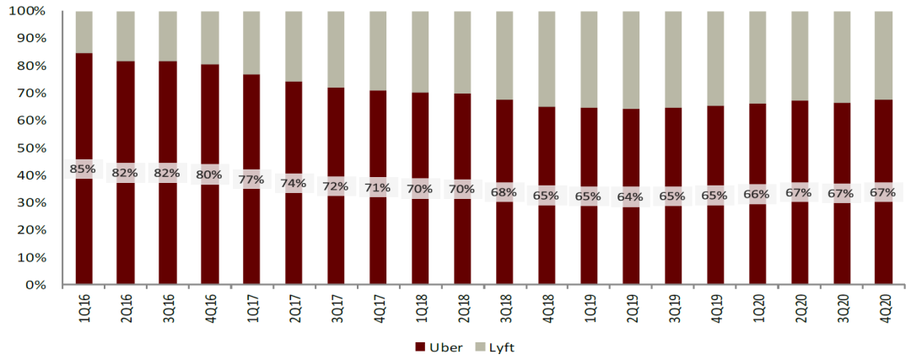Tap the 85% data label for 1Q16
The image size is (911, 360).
[x=83, y=169]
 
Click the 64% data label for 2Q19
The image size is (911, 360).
[x=630, y=197]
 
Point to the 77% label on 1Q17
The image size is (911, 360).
[x=251, y=180]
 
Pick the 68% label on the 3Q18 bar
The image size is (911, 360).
[x=504, y=192]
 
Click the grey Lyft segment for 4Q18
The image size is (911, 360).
[x=546, y=59]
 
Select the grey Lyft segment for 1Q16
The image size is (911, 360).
[x=83, y=32]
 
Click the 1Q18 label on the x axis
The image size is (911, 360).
[x=420, y=306]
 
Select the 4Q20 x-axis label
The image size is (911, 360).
[x=883, y=306]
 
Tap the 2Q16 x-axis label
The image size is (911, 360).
[x=125, y=306]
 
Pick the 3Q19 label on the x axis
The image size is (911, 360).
[x=672, y=306]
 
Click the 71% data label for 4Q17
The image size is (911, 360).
[x=377, y=187]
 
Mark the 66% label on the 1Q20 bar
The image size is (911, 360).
[x=757, y=194]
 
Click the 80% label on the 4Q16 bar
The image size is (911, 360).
[x=208, y=175]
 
